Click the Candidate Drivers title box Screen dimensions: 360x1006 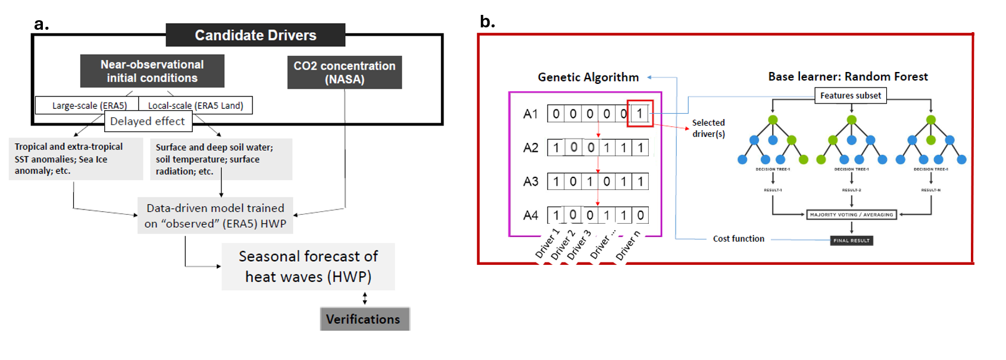[x=255, y=35]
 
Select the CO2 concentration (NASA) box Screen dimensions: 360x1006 [x=345, y=73]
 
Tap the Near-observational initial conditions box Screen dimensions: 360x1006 [x=152, y=71]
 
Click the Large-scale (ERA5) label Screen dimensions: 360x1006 [x=89, y=105]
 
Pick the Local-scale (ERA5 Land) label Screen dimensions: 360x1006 [x=195, y=105]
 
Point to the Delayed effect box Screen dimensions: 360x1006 [x=148, y=121]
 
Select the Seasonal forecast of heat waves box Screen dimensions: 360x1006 [x=308, y=267]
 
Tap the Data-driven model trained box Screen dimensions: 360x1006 [x=215, y=215]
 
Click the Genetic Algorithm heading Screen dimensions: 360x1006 [x=588, y=77]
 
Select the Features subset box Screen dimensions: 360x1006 [x=850, y=95]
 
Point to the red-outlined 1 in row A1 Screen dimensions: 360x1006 [x=640, y=114]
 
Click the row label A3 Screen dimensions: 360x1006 [x=530, y=181]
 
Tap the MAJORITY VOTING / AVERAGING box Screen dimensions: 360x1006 [x=851, y=215]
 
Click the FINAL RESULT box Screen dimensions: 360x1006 [x=851, y=240]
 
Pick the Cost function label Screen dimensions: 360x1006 [x=738, y=239]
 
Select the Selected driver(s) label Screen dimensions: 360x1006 [x=708, y=128]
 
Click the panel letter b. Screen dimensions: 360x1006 [x=487, y=21]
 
